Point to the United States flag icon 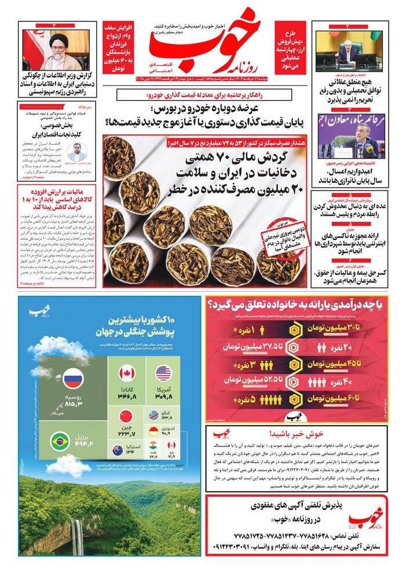(x=163, y=373)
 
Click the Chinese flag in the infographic (x=126, y=416)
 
